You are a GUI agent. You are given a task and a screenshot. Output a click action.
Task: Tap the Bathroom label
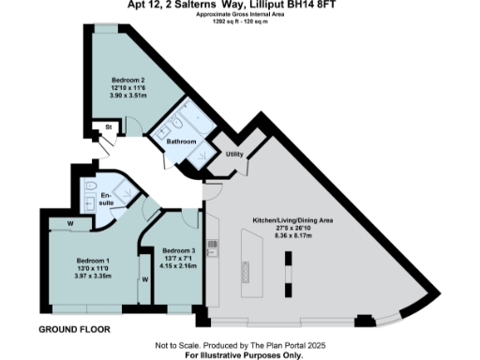point(181,142)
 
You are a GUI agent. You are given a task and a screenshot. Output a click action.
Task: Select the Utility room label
point(234,153)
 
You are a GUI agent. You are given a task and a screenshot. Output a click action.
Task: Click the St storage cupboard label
point(109,125)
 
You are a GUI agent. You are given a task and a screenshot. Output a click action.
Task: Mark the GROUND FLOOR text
point(74,330)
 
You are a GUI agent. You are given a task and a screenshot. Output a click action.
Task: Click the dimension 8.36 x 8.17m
point(292,236)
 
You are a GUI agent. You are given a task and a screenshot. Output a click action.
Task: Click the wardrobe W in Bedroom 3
point(145,279)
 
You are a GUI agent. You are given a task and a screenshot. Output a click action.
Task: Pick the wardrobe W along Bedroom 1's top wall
point(71,223)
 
